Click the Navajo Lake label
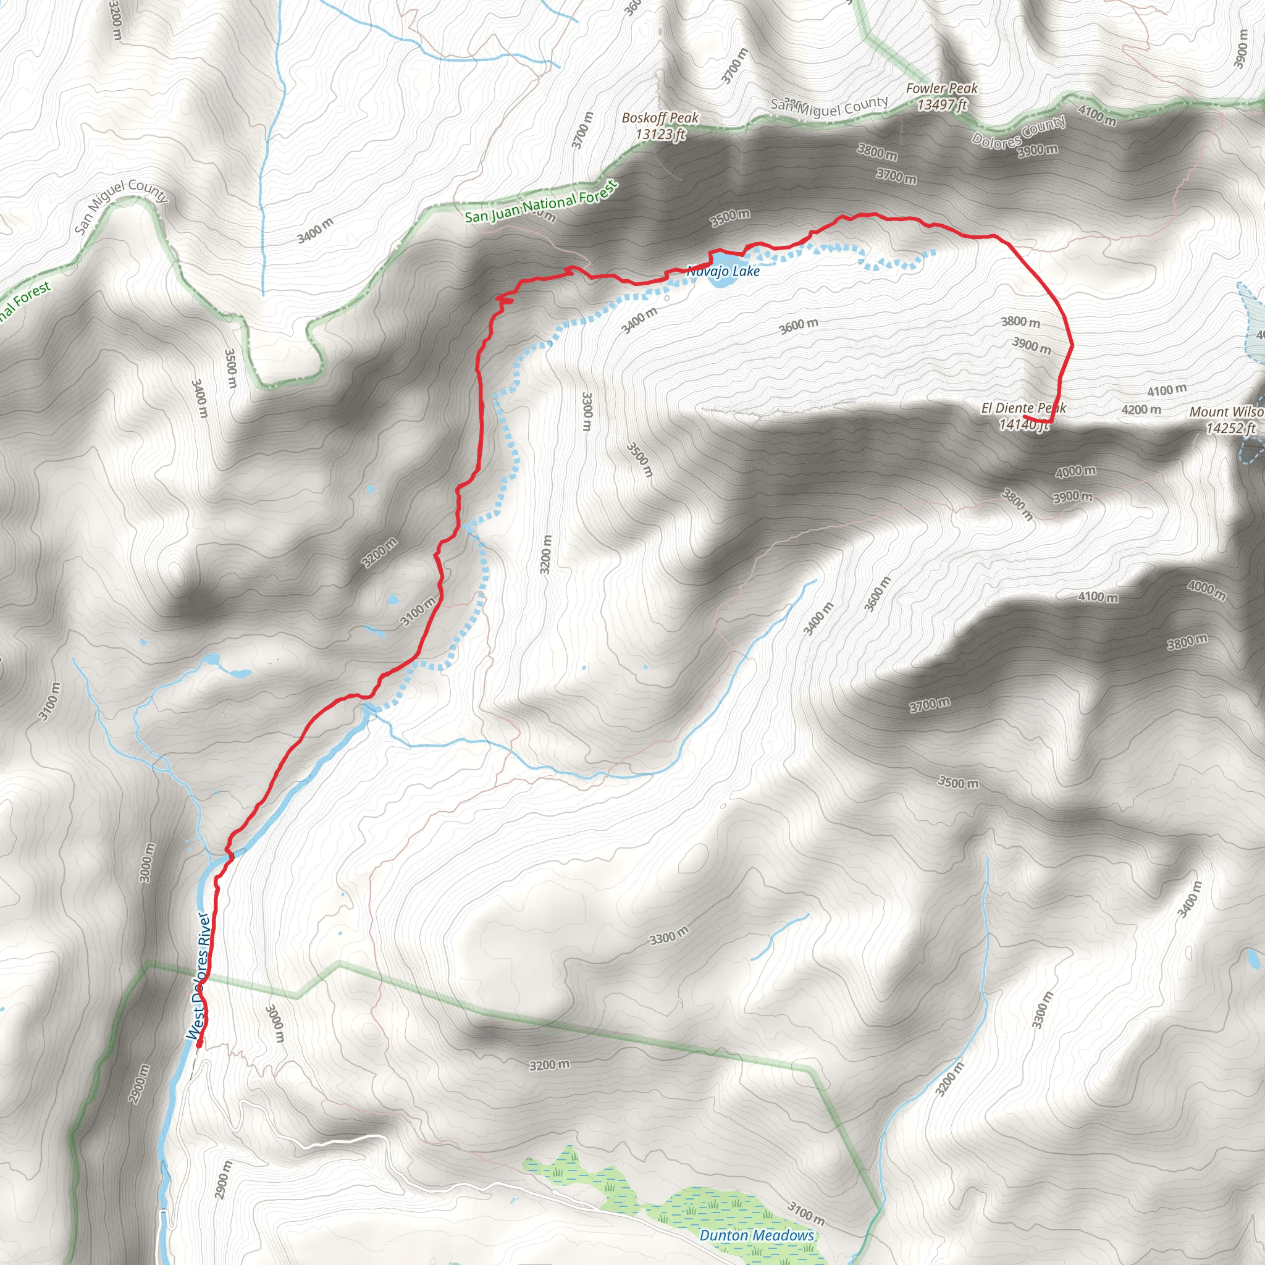723,271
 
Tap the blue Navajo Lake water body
718,280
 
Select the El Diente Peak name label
1023,408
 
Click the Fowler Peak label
941,88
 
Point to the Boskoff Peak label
660,118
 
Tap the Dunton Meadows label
756,1235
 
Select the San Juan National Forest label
541,203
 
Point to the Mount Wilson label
1225,412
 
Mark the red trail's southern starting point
199,1044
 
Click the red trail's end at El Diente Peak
1025,416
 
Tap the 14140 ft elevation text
1023,425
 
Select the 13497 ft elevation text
941,105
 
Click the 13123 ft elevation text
660,134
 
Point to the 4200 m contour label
1141,410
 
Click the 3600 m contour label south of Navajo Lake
798,326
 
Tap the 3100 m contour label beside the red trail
418,611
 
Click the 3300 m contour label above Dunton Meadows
668,938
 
